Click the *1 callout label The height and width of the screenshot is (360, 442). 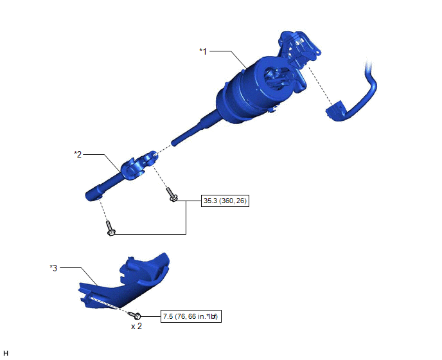point(203,51)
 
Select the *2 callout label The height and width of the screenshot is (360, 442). point(78,154)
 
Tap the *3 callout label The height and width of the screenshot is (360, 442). point(53,267)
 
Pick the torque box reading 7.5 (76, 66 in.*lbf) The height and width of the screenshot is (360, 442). point(191,316)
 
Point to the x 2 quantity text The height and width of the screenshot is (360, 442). point(136,326)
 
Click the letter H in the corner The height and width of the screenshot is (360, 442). point(6,353)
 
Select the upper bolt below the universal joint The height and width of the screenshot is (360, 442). point(172,195)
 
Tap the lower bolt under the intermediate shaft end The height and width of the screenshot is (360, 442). point(110,228)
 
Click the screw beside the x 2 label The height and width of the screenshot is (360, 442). point(134,315)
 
